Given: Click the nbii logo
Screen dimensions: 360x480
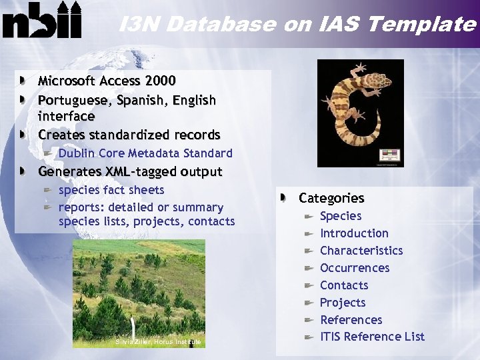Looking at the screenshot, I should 42,21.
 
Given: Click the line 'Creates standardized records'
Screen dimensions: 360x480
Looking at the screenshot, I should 129,135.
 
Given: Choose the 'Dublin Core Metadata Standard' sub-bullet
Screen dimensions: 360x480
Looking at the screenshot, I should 145,153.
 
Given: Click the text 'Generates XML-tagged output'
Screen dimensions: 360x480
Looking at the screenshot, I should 130,171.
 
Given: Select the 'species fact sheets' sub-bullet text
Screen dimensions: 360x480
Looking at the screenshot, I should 111,190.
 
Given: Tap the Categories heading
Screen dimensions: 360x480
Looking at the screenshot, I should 331,198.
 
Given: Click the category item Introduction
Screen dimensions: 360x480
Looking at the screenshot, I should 354,233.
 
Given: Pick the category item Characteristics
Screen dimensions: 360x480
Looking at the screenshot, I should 361,251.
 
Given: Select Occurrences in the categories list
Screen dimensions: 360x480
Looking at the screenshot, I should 355,268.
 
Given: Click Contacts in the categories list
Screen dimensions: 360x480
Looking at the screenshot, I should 344,285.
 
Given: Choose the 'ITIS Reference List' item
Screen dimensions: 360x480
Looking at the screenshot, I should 372,337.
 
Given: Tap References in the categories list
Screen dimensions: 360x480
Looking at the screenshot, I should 351,320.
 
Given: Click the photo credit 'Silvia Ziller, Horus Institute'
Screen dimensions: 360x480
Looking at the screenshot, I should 158,342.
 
